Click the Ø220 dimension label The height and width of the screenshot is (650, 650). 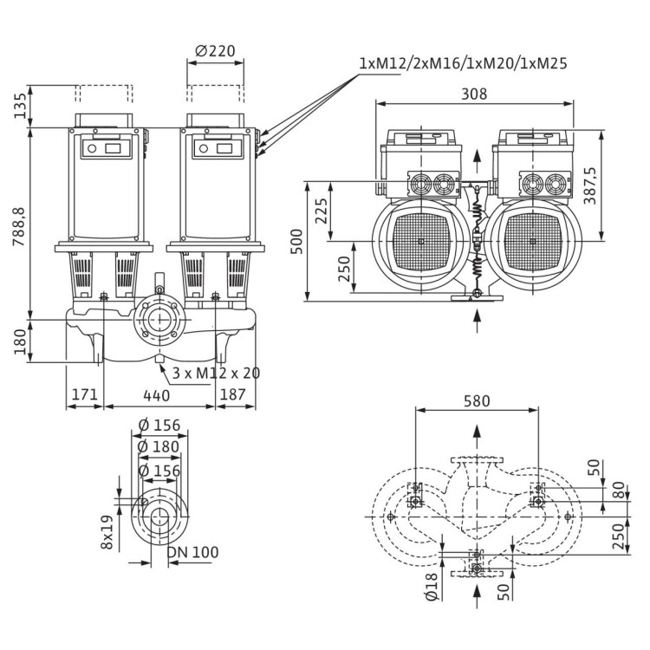click(x=215, y=51)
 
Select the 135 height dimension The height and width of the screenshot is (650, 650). click(x=18, y=107)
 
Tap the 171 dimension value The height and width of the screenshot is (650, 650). click(x=84, y=395)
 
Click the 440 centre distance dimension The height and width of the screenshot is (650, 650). click(x=157, y=395)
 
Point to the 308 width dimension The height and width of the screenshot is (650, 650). click(x=474, y=94)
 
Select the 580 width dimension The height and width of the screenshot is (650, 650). click(x=477, y=401)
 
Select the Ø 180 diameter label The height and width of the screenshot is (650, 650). click(x=159, y=446)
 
